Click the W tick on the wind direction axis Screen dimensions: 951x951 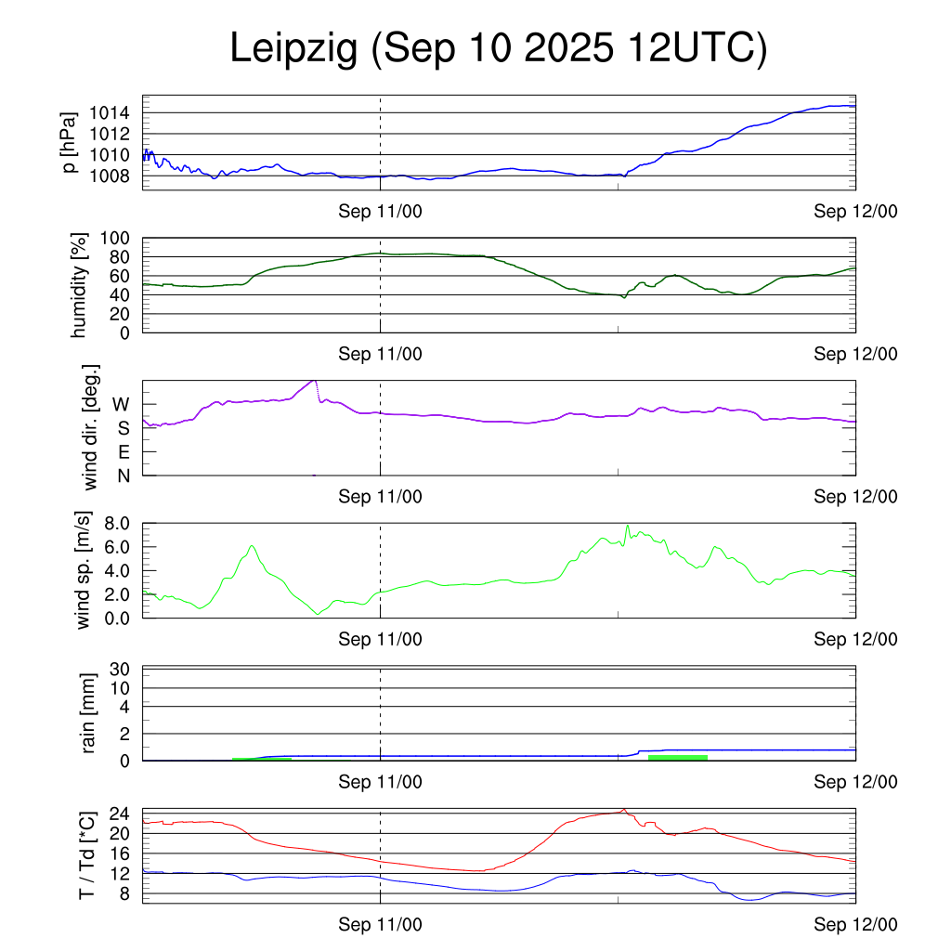[x=122, y=405]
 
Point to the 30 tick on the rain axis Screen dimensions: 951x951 [x=121, y=669]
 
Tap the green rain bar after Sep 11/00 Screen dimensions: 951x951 [x=677, y=758]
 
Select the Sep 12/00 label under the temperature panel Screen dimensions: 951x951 [x=855, y=924]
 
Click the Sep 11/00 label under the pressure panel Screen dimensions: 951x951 [x=380, y=212]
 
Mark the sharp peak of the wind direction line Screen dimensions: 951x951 [x=315, y=380]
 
